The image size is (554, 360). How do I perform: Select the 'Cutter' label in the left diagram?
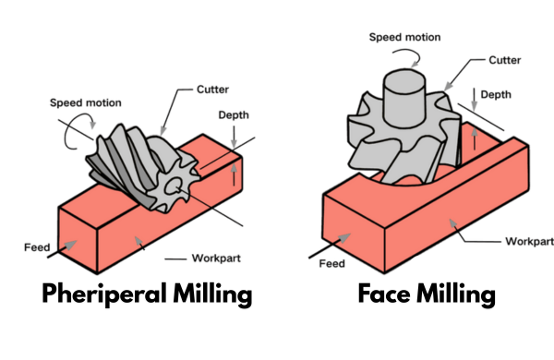[x=212, y=91]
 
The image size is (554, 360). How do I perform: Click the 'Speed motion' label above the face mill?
[x=404, y=37]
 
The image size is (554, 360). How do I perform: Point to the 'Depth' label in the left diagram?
[x=235, y=115]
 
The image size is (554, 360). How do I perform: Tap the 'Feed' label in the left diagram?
[x=33, y=247]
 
